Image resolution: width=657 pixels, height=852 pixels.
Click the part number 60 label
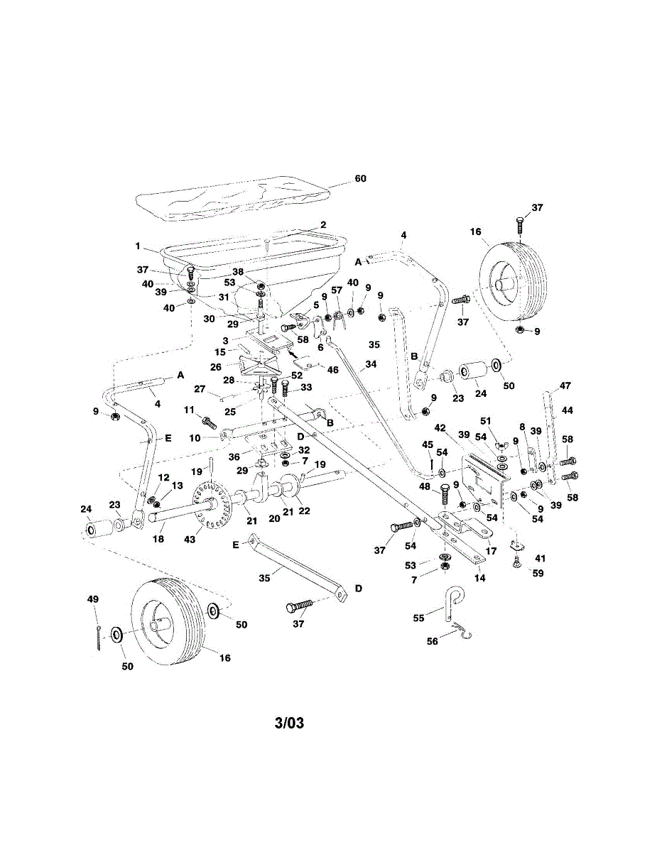tap(360, 178)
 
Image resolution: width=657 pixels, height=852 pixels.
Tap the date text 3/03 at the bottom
tap(289, 723)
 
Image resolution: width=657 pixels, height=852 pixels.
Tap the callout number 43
tap(190, 540)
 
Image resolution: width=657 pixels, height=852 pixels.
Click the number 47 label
tap(565, 386)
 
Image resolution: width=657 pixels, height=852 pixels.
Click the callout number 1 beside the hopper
tap(139, 246)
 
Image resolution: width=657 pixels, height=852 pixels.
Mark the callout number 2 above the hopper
tap(322, 224)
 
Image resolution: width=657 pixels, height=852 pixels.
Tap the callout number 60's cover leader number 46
tap(332, 370)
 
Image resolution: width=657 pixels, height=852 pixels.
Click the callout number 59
tap(538, 572)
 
